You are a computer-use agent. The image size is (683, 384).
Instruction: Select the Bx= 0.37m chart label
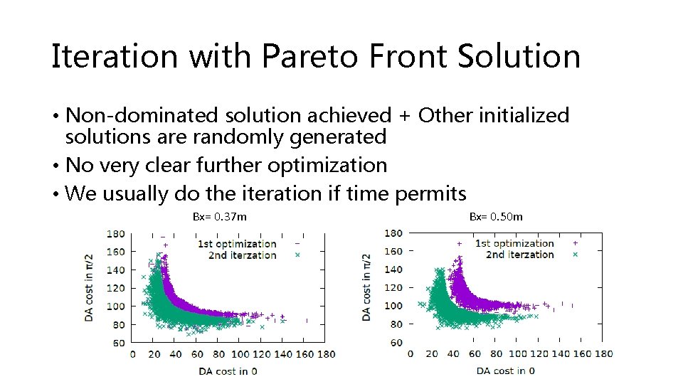[220, 216]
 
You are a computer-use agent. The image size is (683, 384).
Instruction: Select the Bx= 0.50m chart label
[496, 216]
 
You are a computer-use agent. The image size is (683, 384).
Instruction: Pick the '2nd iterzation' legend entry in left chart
[242, 255]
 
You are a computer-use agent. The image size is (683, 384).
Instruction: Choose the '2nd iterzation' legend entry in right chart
[519, 255]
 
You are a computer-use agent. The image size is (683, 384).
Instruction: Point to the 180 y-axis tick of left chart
[115, 233]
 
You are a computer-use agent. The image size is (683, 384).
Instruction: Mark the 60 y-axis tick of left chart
[118, 343]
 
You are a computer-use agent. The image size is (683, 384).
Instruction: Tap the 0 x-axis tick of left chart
[132, 353]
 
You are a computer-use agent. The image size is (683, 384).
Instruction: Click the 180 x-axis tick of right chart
[603, 353]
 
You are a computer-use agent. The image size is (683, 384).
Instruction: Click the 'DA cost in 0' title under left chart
[228, 370]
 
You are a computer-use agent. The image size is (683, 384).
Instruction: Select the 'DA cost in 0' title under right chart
[506, 370]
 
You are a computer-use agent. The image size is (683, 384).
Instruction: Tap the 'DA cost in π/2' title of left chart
[90, 287]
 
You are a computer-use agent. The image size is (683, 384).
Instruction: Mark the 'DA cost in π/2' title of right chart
[367, 287]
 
